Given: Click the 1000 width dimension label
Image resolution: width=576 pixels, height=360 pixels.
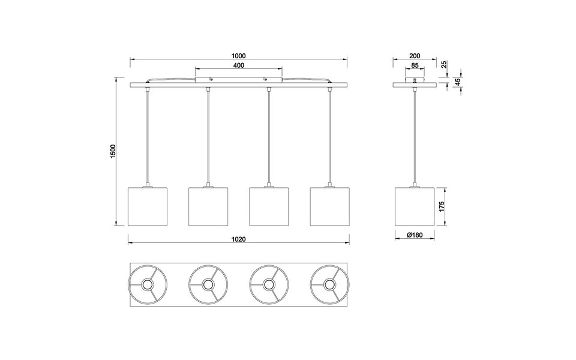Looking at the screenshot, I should pyautogui.click(x=239, y=56).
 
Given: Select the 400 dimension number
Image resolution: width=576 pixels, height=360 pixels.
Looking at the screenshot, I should pyautogui.click(x=239, y=65).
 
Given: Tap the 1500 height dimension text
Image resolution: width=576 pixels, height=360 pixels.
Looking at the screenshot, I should pyautogui.click(x=113, y=152).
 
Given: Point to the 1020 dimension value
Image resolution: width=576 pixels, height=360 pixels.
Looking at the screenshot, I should pyautogui.click(x=239, y=239).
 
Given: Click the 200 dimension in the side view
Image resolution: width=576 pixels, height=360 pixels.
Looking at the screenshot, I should pyautogui.click(x=415, y=56).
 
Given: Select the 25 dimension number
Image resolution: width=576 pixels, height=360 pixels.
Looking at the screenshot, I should pyautogui.click(x=445, y=65).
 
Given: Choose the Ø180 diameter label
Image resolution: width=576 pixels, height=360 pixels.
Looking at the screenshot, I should pyautogui.click(x=415, y=236).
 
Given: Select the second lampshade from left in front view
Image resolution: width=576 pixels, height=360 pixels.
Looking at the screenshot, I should pyautogui.click(x=209, y=207).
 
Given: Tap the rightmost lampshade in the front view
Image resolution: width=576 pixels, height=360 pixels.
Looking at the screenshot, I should pyautogui.click(x=330, y=207).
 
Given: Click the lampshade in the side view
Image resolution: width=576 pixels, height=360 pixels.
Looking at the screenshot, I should pyautogui.click(x=415, y=207).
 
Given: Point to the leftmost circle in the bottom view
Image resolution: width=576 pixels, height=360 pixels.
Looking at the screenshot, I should pyautogui.click(x=148, y=283).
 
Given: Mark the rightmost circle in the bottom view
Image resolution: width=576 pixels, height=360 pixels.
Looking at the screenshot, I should pyautogui.click(x=329, y=283).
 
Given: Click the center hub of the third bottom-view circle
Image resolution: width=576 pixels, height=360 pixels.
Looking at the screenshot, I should pyautogui.click(x=269, y=283).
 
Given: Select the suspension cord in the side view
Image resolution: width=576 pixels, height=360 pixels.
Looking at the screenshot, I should pyautogui.click(x=415, y=138).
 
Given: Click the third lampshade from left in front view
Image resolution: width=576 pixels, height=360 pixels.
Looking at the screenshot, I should pyautogui.click(x=269, y=207).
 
